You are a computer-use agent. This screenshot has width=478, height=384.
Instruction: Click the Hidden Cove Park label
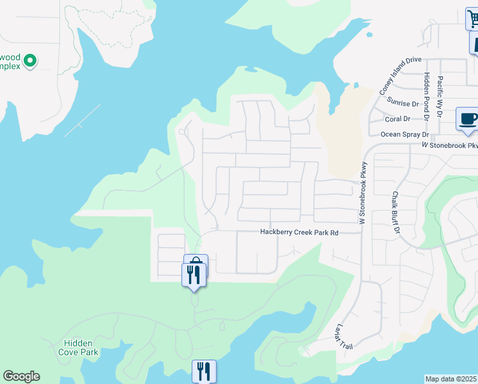click(x=78, y=348)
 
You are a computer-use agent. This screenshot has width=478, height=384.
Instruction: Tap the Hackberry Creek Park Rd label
click(x=298, y=232)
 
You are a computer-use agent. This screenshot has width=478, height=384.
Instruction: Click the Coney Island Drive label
click(x=401, y=76)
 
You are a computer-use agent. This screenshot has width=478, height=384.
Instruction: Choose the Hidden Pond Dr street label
click(x=426, y=96)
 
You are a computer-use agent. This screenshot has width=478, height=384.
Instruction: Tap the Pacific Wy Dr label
click(x=440, y=96)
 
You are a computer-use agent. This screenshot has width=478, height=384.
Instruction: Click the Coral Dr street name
click(x=397, y=118)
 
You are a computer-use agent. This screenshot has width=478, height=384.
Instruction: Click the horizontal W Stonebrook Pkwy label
click(x=449, y=145)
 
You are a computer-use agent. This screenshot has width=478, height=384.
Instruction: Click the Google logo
click(x=21, y=376)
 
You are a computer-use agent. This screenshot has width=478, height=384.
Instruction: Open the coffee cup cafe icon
click(x=467, y=119)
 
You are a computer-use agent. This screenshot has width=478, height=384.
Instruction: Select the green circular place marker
click(x=29, y=61)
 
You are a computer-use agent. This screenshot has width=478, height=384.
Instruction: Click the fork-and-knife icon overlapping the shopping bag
click(x=194, y=275)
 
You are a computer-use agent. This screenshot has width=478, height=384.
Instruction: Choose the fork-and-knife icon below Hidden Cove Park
click(x=204, y=371)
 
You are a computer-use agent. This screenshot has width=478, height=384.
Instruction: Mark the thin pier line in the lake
click(x=82, y=120)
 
